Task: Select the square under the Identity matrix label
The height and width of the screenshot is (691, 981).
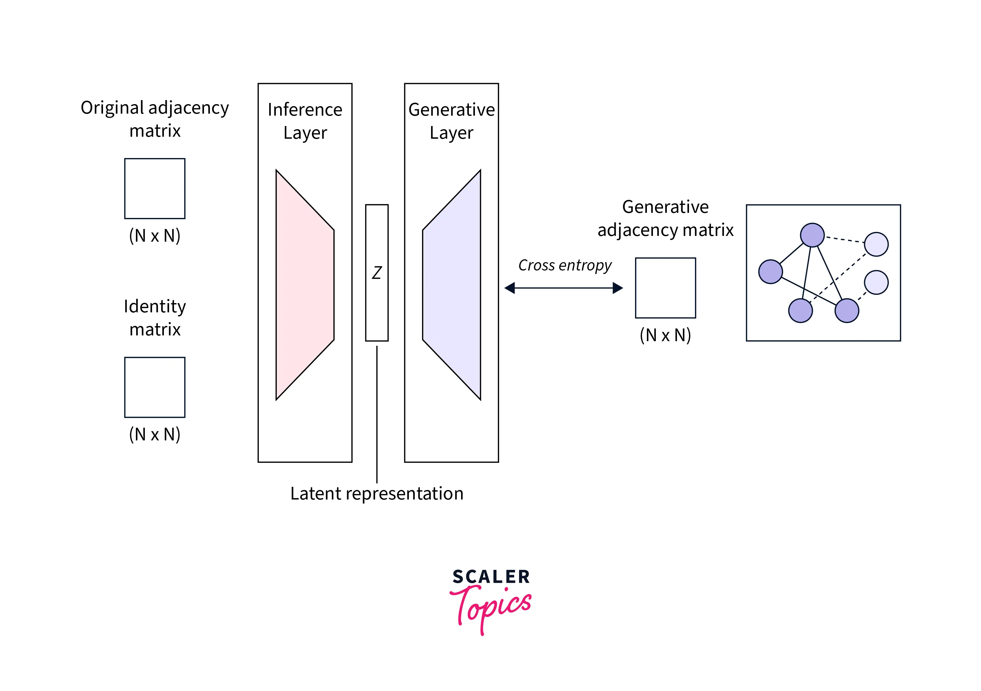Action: (x=155, y=387)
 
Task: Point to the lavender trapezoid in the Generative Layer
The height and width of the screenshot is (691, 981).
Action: (x=452, y=285)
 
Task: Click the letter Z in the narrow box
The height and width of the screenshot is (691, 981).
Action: (x=377, y=273)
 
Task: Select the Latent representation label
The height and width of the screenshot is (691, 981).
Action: (x=377, y=494)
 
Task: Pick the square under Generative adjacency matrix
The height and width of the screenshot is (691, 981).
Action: (x=665, y=288)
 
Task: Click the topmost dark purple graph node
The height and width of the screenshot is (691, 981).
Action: (x=812, y=235)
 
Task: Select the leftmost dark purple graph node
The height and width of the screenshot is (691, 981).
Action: (x=770, y=272)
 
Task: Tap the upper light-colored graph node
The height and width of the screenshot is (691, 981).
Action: (x=876, y=244)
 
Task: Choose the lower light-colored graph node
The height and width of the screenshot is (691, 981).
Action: (x=876, y=282)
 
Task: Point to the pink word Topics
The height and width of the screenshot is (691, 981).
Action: (x=491, y=606)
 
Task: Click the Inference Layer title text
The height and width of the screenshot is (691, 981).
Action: (x=305, y=121)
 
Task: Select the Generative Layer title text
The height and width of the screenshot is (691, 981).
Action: (x=452, y=121)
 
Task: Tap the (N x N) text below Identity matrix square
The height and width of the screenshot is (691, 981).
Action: (x=155, y=434)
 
